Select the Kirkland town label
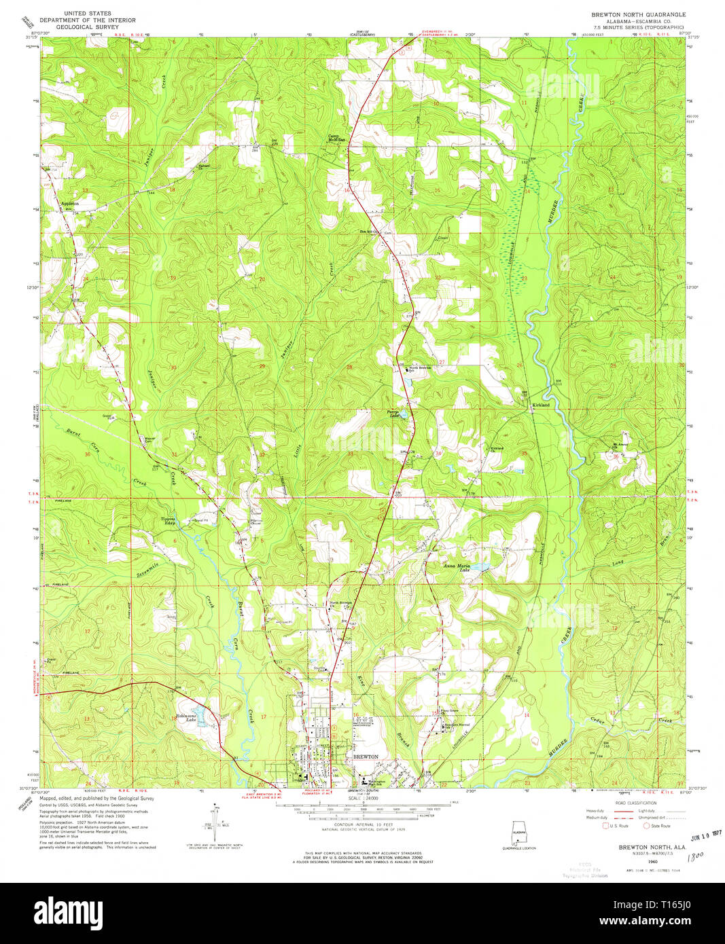point(541,405)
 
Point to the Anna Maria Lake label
point(457,567)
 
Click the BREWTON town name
point(366,756)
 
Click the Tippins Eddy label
point(168,521)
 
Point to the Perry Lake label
point(393,414)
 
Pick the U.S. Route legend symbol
point(606,826)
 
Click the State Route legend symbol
point(647,826)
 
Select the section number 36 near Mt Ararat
point(616,456)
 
